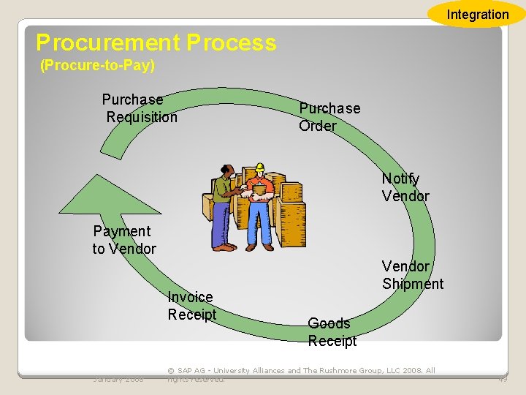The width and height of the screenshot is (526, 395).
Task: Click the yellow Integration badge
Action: coord(477,14)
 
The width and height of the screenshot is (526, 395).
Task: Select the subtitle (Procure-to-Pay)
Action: coord(97,66)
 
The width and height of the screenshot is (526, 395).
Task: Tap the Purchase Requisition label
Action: coord(140,108)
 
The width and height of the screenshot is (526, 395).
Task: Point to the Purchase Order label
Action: coord(329,117)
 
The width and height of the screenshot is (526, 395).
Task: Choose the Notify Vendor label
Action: coord(405,187)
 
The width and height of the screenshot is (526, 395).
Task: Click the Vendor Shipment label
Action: coord(412,275)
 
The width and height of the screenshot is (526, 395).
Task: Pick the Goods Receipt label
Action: coord(332,332)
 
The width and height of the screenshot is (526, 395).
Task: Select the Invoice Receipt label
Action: coord(191,306)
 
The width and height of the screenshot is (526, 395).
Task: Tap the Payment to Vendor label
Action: coord(123,240)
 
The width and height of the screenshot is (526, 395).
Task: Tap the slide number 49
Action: coord(502,378)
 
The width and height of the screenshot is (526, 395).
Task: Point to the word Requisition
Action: coord(142,117)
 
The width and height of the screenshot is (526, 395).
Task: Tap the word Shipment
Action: coord(412,284)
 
